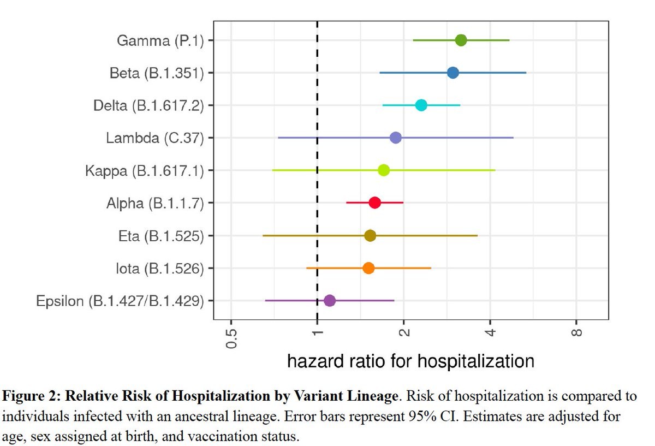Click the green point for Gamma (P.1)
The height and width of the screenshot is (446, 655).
coord(461,40)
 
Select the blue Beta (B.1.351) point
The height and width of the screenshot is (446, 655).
coord(452,73)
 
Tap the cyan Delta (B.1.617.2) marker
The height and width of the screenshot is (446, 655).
coord(421,105)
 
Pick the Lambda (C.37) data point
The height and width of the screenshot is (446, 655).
coord(396,138)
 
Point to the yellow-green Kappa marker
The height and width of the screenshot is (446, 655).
coord(384,170)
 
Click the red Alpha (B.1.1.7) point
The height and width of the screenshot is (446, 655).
coord(374,203)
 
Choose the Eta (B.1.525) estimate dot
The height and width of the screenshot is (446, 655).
coord(370,235)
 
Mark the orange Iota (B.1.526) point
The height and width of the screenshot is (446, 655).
coord(368,268)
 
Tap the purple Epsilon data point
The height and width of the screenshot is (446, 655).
coord(329,300)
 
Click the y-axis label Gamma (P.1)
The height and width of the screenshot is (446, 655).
coord(160,40)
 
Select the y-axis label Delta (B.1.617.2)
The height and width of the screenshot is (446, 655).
coord(148,105)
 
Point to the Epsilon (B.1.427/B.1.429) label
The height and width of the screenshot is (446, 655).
coord(120,301)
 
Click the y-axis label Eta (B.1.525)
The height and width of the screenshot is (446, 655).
coord(161,236)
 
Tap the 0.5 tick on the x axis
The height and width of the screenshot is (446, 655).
coord(231,338)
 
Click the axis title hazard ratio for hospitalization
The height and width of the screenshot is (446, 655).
coord(410,361)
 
